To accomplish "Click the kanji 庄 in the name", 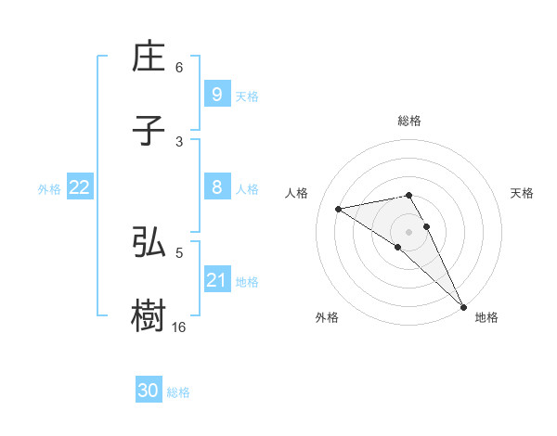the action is tap(149, 58).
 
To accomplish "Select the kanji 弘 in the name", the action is tap(149, 242).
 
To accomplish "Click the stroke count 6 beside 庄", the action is tap(179, 68).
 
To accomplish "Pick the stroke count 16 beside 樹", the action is tap(179, 327).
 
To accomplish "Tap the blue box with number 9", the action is tap(216, 95).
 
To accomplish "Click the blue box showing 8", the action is tap(216, 187).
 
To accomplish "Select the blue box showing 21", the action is tap(216, 280).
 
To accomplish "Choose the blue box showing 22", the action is tap(80, 187).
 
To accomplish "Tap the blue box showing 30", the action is tap(149, 391).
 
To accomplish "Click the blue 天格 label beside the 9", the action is tap(247, 96).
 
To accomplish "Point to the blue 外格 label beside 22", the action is tap(49, 189).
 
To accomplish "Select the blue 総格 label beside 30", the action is tap(179, 392).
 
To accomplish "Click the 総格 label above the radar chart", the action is tap(409, 121).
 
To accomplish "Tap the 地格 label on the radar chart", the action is tap(486, 317).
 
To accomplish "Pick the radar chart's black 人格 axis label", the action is tap(296, 193).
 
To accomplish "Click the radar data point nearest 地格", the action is tap(463, 306).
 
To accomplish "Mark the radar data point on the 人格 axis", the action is tap(339, 209).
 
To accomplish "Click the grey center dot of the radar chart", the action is tap(409, 231).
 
